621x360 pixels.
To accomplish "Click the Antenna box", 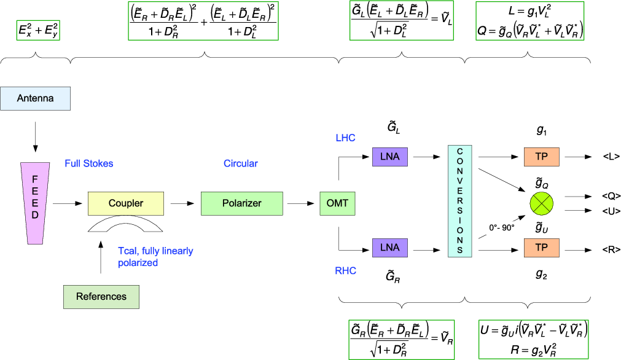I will (x=36, y=99).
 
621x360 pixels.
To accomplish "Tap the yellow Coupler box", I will (x=126, y=203).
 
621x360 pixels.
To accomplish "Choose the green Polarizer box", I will (x=241, y=203).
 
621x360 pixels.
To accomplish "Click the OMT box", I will (x=337, y=203).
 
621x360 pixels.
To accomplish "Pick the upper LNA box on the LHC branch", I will (x=389, y=157).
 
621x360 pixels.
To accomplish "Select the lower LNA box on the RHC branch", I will (x=389, y=248).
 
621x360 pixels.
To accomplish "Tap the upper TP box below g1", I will (x=541, y=157).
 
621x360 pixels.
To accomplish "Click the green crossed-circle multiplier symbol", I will (x=541, y=203).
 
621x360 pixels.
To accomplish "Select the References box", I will (x=101, y=297).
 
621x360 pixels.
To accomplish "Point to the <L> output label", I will (x=610, y=157).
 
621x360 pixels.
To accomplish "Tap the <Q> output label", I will (x=611, y=197).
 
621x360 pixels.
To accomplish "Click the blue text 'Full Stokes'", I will (x=89, y=164).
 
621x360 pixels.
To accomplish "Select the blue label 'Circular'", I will (x=241, y=164).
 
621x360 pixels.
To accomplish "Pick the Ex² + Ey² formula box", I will (x=38, y=31).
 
